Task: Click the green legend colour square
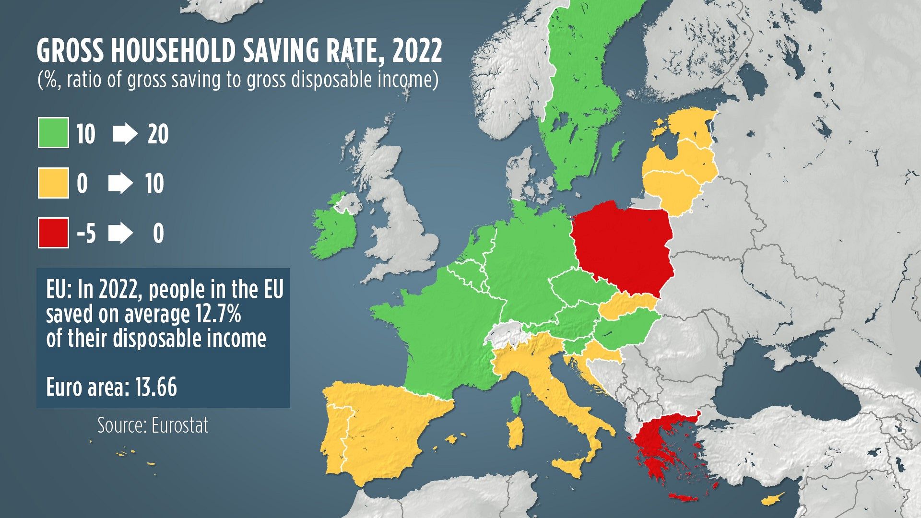pos(53,132)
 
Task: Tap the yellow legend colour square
pos(53,183)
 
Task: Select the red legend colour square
pos(53,233)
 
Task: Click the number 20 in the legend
pos(158,134)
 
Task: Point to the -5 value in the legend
pos(86,234)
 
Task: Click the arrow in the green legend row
pos(125,134)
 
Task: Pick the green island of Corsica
pos(516,404)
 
